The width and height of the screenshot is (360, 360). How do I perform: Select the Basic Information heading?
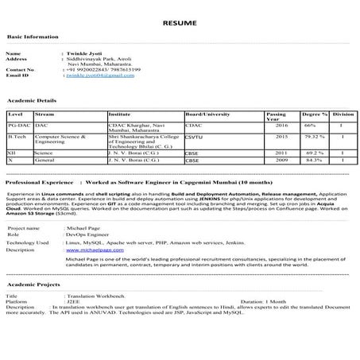[32, 37]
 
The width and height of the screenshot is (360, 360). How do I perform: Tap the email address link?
[100, 75]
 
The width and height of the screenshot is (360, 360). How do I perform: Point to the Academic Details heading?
[32, 102]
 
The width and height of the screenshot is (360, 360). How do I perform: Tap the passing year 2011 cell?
[281, 152]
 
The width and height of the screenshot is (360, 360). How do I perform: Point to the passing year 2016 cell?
[281, 126]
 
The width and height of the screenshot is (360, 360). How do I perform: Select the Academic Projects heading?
[34, 284]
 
